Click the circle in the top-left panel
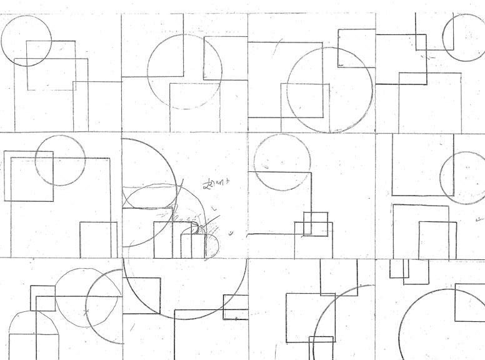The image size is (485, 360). point(26,41)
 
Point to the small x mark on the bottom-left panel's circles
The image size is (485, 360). point(86,311)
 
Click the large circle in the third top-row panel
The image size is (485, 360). point(329,90)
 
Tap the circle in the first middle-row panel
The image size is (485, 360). point(60,160)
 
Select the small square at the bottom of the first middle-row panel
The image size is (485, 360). point(98,239)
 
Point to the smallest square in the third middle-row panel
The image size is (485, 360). point(316,224)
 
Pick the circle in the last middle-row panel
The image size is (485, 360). point(464,177)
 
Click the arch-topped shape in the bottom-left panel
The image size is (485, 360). point(34,334)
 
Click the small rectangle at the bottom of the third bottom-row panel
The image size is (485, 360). point(321,347)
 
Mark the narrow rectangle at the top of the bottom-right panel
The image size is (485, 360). point(399,269)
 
